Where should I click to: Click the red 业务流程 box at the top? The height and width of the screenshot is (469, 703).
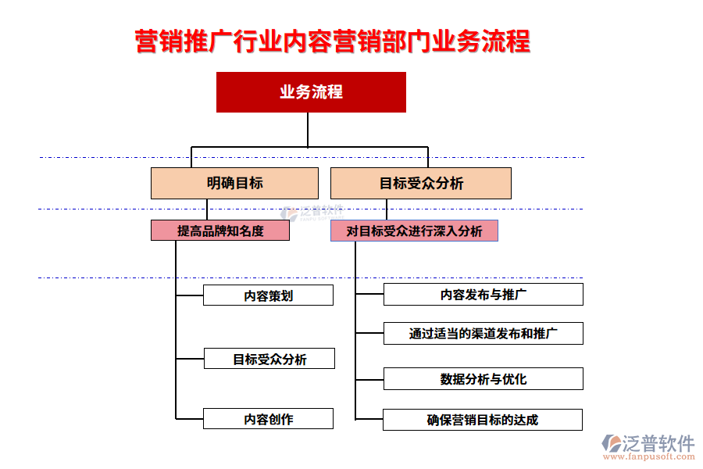(x=311, y=92)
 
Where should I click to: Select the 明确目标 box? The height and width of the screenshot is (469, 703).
(x=234, y=183)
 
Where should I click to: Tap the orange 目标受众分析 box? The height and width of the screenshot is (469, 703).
(x=421, y=183)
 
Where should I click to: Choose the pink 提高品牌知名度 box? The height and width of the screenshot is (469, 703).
(x=220, y=231)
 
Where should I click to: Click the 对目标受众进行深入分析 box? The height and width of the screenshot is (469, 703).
(x=414, y=231)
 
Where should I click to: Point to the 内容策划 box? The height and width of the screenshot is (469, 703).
(x=268, y=295)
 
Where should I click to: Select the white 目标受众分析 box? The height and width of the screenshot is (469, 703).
(x=269, y=359)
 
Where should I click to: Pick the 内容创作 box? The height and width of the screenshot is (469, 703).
(x=268, y=419)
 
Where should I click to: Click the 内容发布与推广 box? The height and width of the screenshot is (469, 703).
(x=483, y=295)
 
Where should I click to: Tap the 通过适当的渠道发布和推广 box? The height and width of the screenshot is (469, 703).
(x=483, y=334)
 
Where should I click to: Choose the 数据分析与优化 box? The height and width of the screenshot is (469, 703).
(x=483, y=379)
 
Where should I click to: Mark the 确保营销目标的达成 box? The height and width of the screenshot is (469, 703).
(x=482, y=420)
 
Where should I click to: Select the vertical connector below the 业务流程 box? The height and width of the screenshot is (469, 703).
(x=308, y=129)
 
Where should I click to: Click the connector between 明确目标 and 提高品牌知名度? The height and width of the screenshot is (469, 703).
(x=207, y=209)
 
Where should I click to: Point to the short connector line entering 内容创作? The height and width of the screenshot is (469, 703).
(x=190, y=419)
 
